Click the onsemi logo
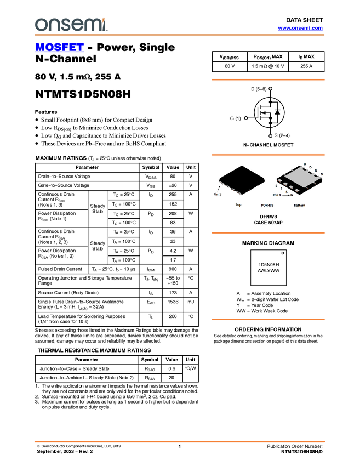pos(71,25)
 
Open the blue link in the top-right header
pos(300,28)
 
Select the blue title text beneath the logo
pos(59,48)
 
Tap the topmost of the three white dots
pos(271,88)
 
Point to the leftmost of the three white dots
pos(246,118)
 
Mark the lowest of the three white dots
pos(271,135)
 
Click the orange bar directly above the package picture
pos(268,155)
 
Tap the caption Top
pos(238,205)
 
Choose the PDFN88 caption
pos(268,205)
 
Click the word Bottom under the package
pos(299,205)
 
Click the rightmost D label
pos(321,174)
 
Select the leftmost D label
pos(305,164)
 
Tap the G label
pos(292,195)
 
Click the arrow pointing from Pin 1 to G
pos(285,195)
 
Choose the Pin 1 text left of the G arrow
pos(277,195)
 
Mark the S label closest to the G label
pos(287,191)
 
